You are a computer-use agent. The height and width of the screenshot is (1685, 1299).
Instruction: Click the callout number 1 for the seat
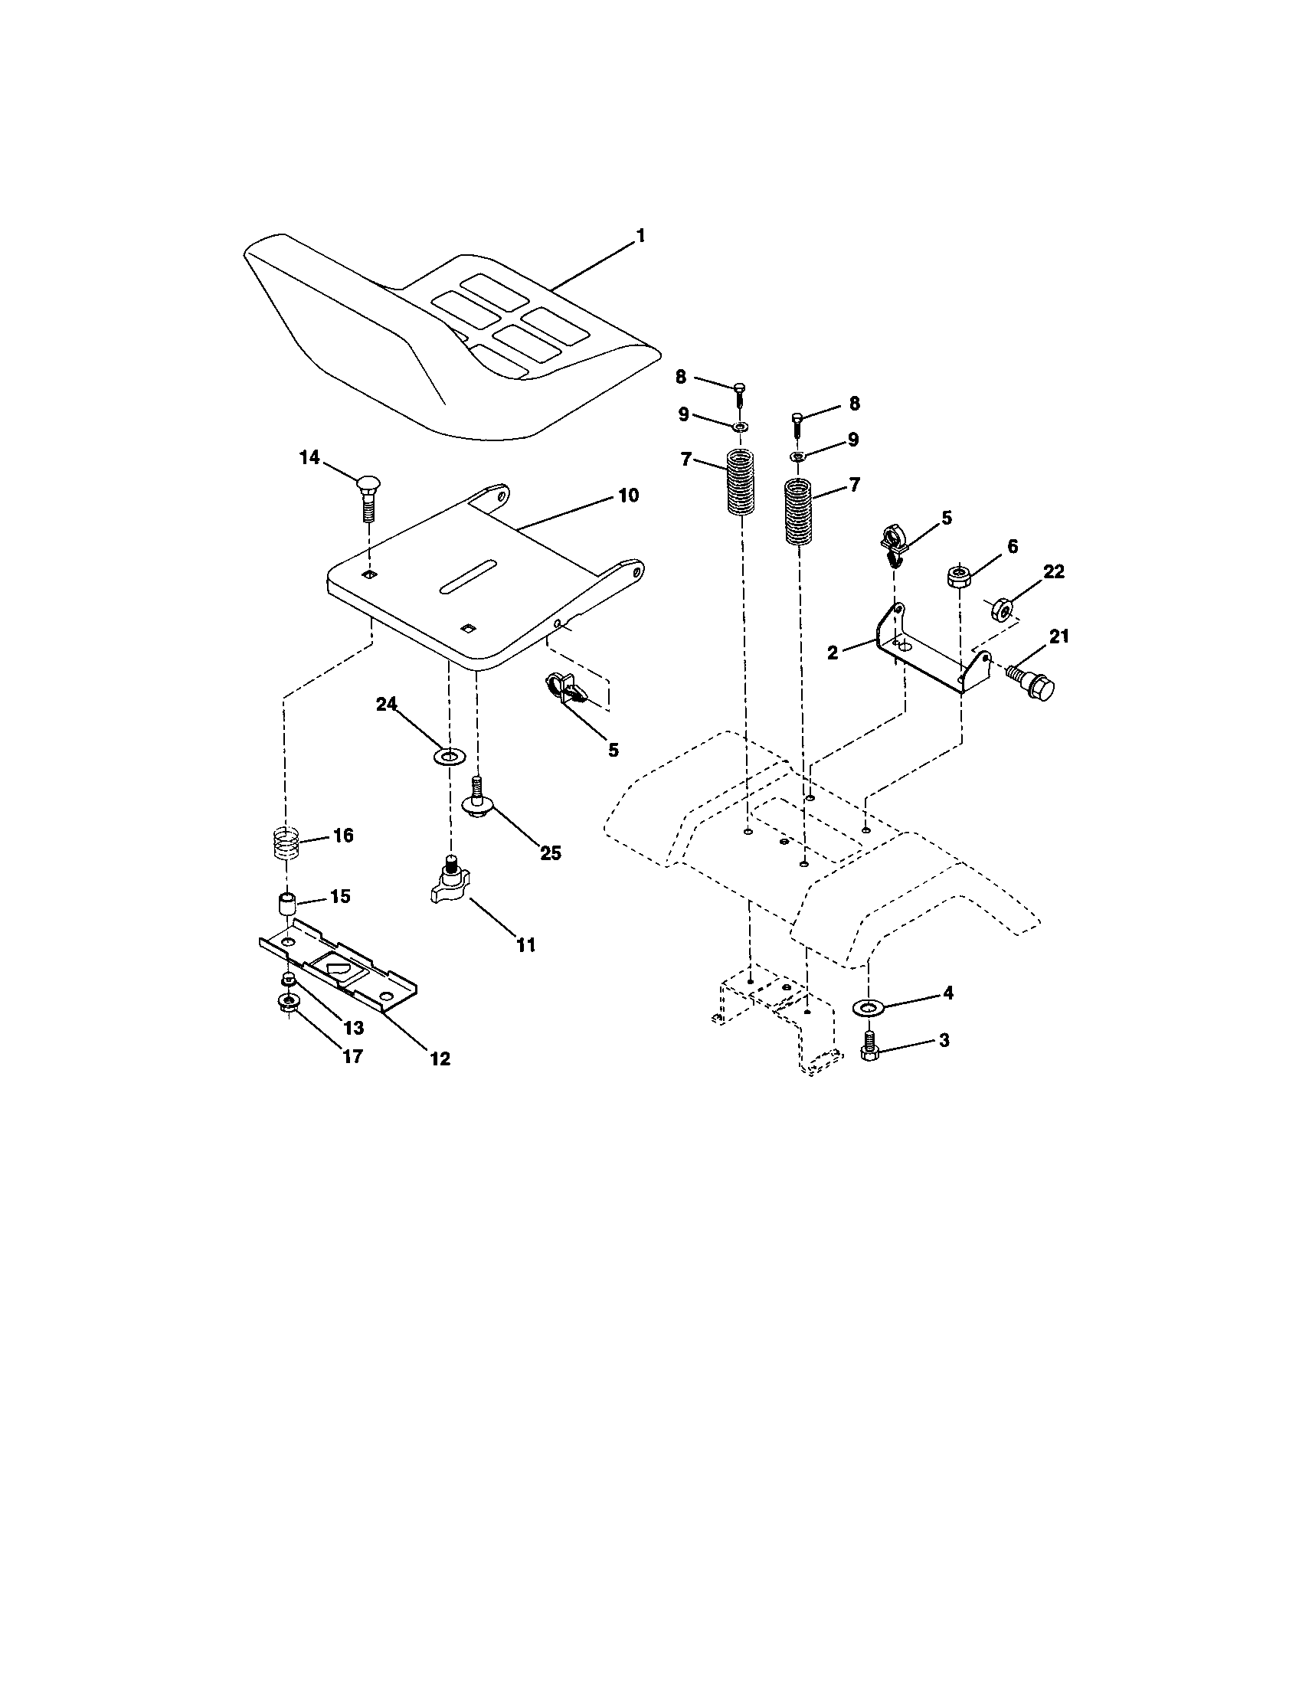point(640,236)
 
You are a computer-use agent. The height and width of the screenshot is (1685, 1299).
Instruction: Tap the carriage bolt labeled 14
point(368,499)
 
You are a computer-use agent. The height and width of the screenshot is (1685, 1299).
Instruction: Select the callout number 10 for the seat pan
point(628,496)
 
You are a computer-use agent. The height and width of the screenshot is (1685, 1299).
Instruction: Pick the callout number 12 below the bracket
point(440,1058)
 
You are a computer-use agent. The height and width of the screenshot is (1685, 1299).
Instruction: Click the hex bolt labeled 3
point(869,1049)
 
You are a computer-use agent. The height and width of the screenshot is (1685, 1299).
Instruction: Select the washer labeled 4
point(869,1007)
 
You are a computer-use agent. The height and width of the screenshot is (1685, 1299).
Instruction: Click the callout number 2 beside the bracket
point(833,653)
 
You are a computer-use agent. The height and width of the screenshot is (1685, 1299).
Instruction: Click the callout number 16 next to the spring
point(343,836)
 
